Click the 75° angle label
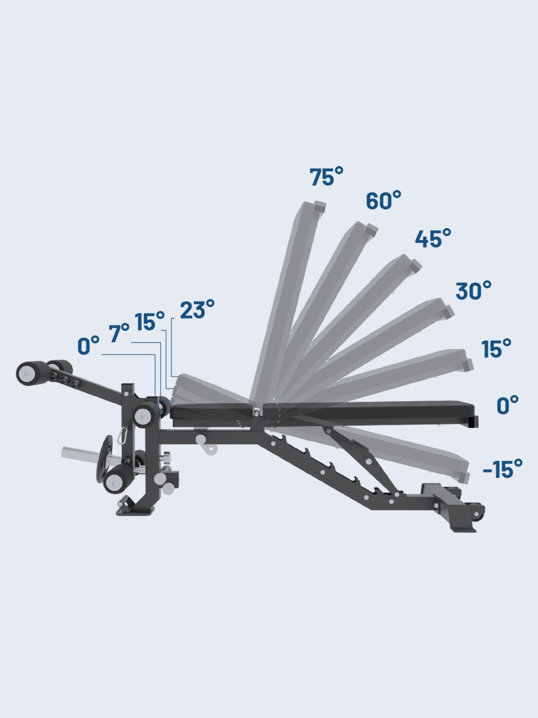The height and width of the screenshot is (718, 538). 326,177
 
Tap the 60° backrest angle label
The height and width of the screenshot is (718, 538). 384,200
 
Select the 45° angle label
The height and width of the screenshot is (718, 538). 433,238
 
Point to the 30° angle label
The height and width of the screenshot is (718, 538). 473,290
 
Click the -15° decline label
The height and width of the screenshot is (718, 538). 503,469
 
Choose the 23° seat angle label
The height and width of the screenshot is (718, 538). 197,309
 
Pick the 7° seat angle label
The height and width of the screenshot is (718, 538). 119,333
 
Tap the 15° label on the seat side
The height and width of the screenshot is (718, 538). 149,321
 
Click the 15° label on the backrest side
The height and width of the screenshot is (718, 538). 496,349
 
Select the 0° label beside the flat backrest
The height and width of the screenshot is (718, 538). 508,405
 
